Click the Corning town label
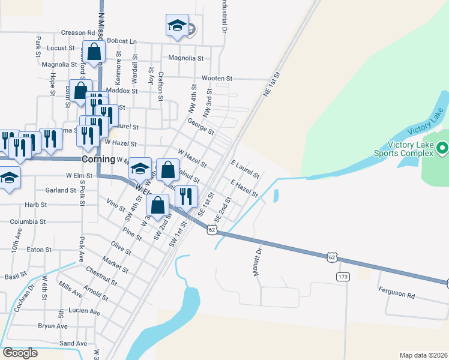[x=98, y=160]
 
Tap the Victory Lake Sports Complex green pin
[x=442, y=148]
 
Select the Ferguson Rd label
[x=397, y=295]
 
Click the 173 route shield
[x=343, y=277]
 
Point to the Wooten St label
[x=217, y=79]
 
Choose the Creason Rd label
[x=78, y=33]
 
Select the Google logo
[x=20, y=352]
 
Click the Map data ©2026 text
[x=423, y=355]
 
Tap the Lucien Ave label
[x=85, y=312]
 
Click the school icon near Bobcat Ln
[x=177, y=26]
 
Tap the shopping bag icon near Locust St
[x=94, y=52]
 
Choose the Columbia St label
[x=28, y=221]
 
